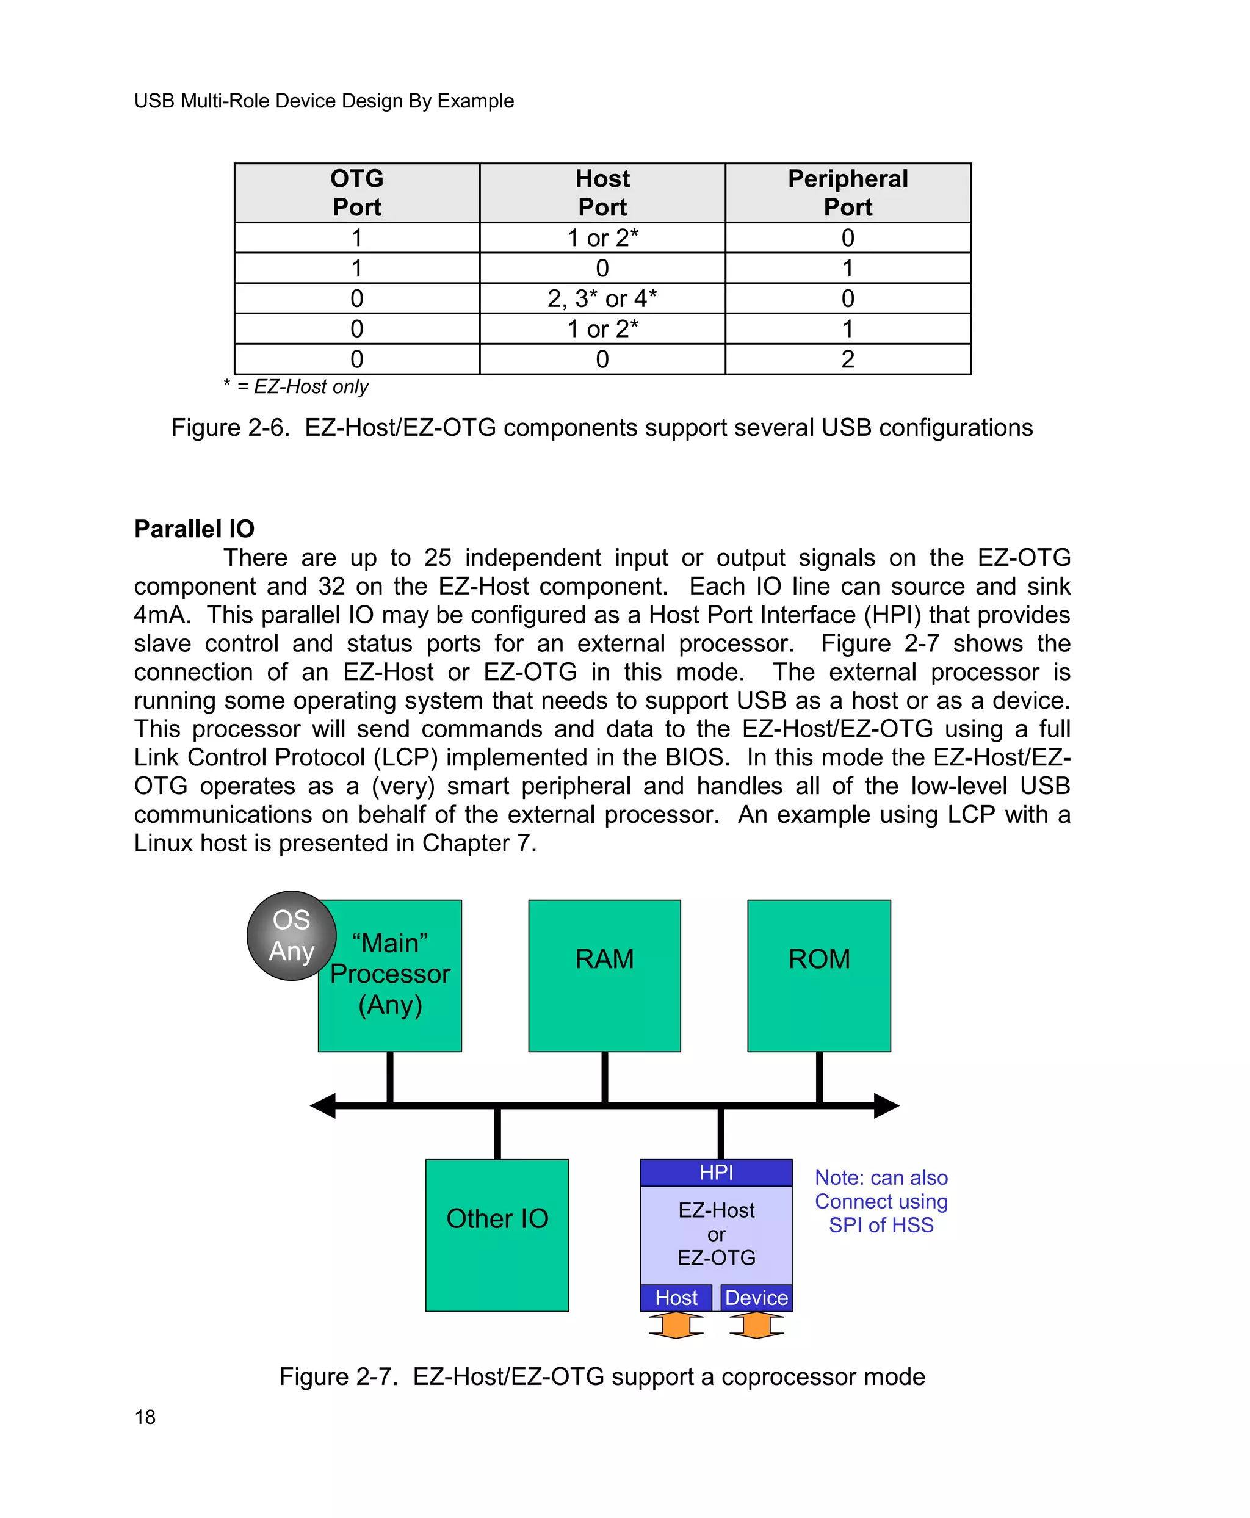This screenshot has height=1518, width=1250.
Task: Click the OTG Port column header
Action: pos(356,192)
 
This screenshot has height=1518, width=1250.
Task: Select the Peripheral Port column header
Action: pos(848,192)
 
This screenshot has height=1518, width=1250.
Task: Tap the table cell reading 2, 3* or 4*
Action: pos(602,298)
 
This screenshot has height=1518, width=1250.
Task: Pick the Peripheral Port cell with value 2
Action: pos(848,359)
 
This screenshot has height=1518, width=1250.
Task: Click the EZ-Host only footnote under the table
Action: pos(296,387)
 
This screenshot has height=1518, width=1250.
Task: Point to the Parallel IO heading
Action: pos(195,529)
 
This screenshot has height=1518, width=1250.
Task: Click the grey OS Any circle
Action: pos(291,936)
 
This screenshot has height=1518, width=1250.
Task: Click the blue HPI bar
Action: pos(716,1173)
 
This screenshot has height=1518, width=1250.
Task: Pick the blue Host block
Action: pos(676,1298)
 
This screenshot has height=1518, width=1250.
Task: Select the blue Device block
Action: pos(756,1298)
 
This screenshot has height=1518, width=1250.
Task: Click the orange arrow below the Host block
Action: pos(676,1325)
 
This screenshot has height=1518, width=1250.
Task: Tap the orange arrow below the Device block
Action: pos(756,1325)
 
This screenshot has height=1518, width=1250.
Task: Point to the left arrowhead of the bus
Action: pos(323,1105)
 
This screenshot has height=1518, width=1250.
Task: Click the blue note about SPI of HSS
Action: pos(881,1201)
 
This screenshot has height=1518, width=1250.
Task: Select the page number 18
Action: pos(145,1417)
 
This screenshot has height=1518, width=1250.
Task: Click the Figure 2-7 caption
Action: pos(602,1376)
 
